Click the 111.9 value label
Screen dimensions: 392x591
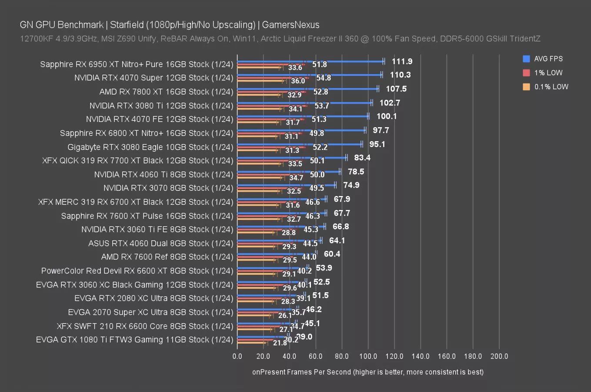tap(402, 61)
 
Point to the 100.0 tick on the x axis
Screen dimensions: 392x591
tap(368, 356)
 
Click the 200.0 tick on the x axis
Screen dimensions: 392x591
tap(499, 356)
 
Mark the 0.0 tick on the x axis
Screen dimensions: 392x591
tap(237, 356)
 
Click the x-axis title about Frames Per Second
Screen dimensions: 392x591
tap(367, 372)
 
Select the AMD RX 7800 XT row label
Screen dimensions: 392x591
tap(166, 92)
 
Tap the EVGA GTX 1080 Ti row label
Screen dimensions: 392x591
tap(134, 340)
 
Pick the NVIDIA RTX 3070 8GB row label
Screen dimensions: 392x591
tap(168, 188)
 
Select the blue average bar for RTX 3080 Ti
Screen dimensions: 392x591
tap(304, 103)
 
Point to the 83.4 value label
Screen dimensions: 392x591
tap(362, 158)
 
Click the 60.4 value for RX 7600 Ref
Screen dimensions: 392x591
tap(332, 254)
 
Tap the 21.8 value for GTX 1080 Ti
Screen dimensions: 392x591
tap(280, 343)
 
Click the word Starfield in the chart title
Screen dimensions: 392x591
tap(129, 25)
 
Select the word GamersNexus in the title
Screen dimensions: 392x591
tap(290, 25)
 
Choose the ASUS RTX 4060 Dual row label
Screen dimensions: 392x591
tap(160, 243)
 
